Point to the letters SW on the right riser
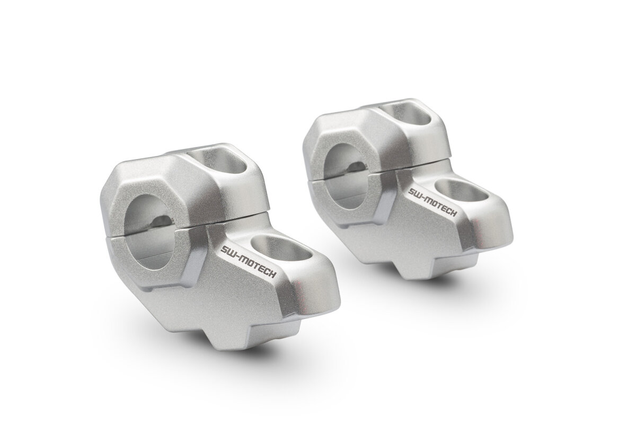414,191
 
